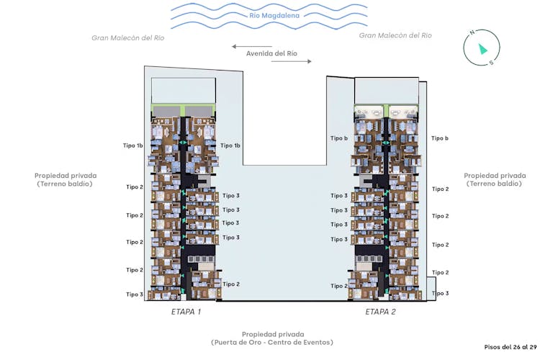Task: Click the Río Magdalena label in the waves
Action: pyautogui.click(x=269, y=15)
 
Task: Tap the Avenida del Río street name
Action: pyautogui.click(x=271, y=53)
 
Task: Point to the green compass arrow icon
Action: pyautogui.click(x=481, y=48)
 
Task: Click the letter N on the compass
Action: pyautogui.click(x=472, y=32)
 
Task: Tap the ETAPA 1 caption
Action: pyautogui.click(x=186, y=312)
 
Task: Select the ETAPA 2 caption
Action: pyautogui.click(x=380, y=312)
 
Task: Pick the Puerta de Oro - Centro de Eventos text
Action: pyautogui.click(x=272, y=343)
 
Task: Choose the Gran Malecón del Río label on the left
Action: pyautogui.click(x=128, y=37)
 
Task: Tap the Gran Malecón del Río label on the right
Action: pyautogui.click(x=395, y=35)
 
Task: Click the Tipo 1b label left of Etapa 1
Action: pyautogui.click(x=134, y=145)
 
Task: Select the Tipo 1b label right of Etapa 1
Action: pyautogui.click(x=230, y=145)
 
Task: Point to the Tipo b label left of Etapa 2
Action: pyautogui.click(x=339, y=138)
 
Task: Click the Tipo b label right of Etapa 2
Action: pyautogui.click(x=440, y=138)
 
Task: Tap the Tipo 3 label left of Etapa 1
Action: pyautogui.click(x=135, y=294)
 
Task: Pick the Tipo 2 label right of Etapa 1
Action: pyautogui.click(x=231, y=284)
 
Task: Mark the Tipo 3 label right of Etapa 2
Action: pyautogui.click(x=441, y=294)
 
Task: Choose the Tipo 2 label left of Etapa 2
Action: pyautogui.click(x=339, y=286)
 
